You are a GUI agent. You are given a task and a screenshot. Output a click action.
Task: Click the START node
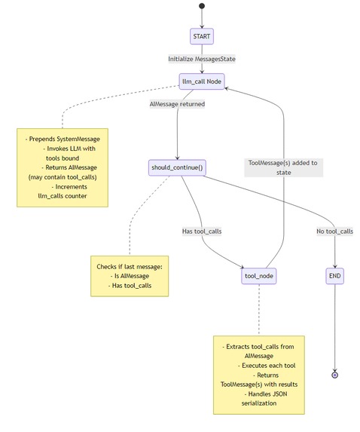pos(202,36)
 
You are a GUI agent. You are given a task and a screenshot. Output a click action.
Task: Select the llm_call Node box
pos(202,81)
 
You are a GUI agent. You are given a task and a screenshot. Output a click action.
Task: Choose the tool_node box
pos(258,276)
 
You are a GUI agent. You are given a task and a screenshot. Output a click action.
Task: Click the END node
pos(335,276)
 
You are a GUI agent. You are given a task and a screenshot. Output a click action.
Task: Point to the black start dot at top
pos(202,6)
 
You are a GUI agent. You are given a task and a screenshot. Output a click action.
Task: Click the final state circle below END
pos(335,374)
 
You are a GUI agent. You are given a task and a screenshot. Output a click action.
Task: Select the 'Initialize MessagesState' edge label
pos(201,58)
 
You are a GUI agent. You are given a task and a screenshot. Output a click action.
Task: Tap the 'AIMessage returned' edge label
pos(177,104)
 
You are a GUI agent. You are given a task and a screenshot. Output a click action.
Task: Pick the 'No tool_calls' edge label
pos(335,231)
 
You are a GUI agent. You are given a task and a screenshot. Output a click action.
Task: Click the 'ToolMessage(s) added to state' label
pos(283,167)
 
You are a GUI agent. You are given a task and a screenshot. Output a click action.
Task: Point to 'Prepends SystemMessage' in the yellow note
pos(63,140)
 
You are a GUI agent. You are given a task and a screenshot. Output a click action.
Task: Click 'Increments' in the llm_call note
pos(69,185)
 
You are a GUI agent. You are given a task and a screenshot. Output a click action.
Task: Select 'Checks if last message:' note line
pos(130,267)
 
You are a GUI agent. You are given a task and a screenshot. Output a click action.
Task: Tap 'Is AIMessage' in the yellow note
pos(129,276)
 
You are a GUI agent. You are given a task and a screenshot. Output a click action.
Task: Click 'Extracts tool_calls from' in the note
pos(259,346)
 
